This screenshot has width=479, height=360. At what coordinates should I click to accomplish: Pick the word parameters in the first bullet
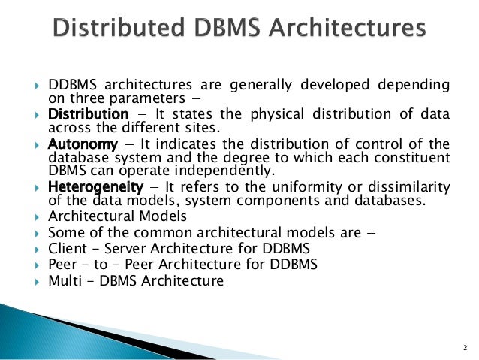123,98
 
